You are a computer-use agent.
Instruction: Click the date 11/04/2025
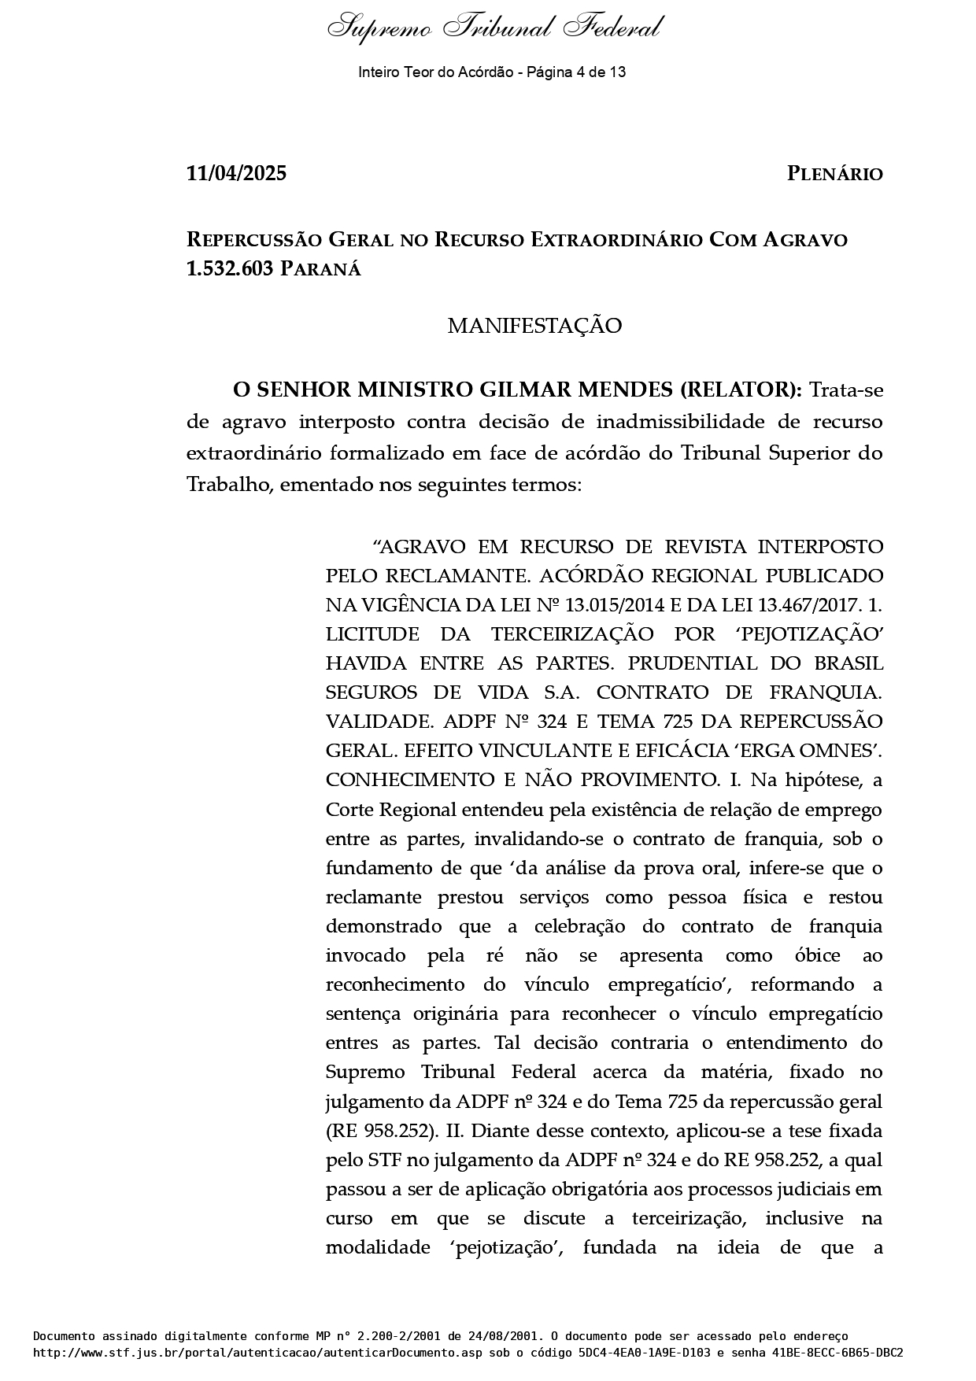click(x=236, y=174)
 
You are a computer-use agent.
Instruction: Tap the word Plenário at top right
click(x=834, y=174)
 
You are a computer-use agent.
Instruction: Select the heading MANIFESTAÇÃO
click(x=534, y=326)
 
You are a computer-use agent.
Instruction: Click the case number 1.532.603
click(x=230, y=269)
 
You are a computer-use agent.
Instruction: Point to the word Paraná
click(x=320, y=269)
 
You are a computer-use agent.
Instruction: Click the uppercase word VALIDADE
click(x=379, y=722)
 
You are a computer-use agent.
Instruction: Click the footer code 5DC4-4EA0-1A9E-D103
click(x=641, y=1353)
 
